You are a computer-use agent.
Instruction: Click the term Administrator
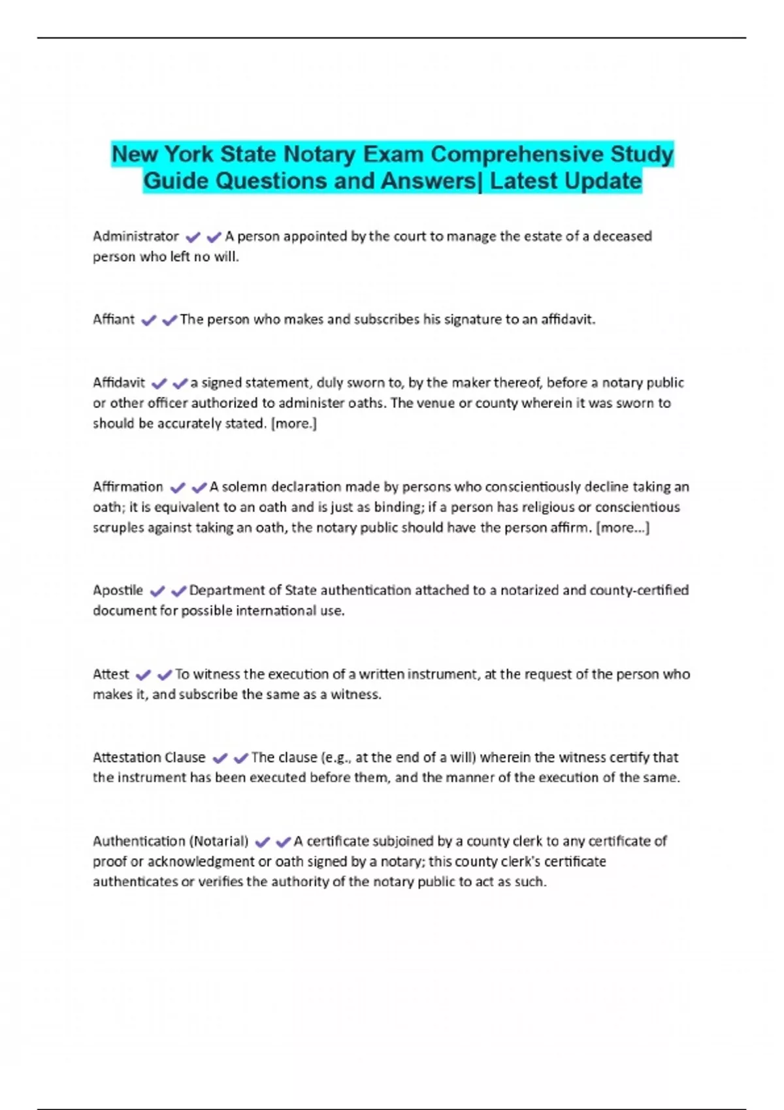pyautogui.click(x=135, y=236)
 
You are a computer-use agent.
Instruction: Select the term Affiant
pyautogui.click(x=114, y=320)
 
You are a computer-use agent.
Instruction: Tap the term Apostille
pyautogui.click(x=118, y=591)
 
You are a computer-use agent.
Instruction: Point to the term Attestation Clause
pyautogui.click(x=149, y=757)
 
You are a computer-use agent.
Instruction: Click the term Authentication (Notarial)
pyautogui.click(x=171, y=841)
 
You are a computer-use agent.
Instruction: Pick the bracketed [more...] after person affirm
pyautogui.click(x=623, y=528)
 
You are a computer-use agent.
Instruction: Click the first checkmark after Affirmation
pyautogui.click(x=177, y=488)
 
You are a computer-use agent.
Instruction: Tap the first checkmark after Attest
pyautogui.click(x=143, y=675)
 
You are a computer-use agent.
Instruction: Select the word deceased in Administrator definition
pyautogui.click(x=622, y=236)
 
